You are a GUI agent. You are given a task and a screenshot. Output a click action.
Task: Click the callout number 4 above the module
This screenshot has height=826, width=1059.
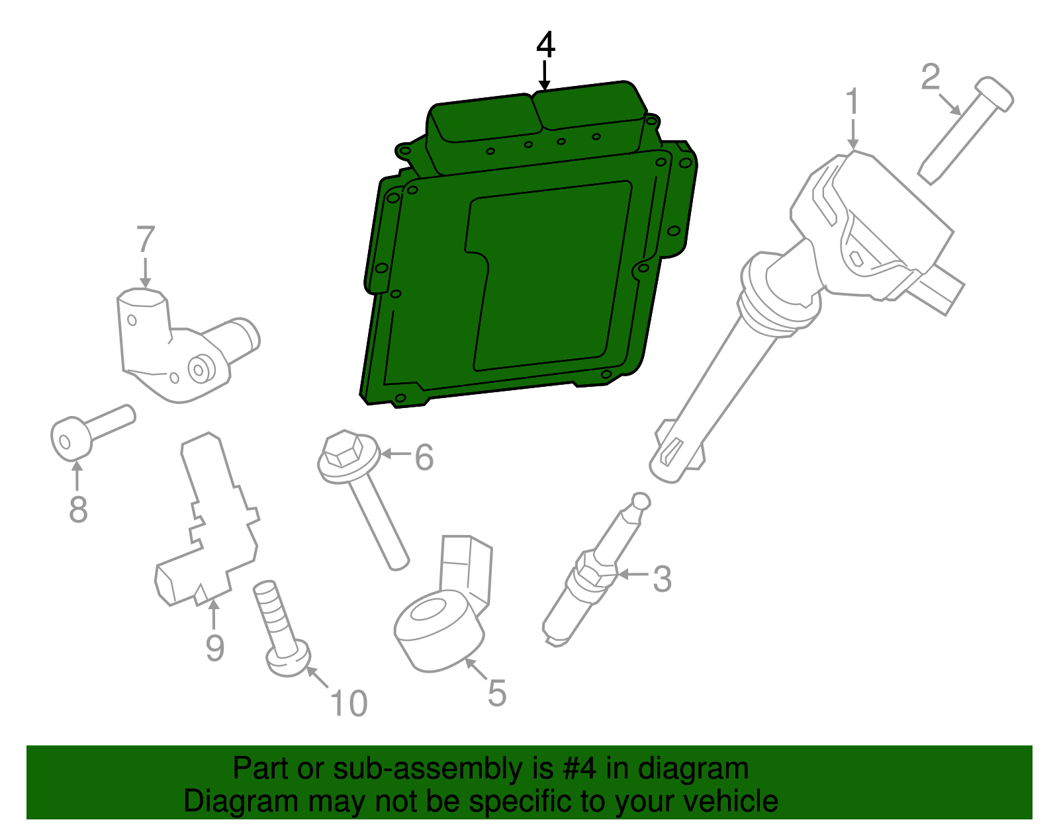pos(545,45)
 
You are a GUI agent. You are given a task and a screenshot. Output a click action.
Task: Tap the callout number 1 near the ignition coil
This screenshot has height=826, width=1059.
pos(852,103)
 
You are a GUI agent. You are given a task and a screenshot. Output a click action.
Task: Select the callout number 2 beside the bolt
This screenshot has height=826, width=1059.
pos(930,77)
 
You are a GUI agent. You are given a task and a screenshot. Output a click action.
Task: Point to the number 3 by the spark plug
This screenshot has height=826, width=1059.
pos(662,579)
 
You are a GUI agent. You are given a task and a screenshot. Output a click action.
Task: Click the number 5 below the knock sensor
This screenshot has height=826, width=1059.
pos(497,693)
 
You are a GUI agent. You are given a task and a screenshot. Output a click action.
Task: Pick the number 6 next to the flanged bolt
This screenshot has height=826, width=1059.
pos(424,457)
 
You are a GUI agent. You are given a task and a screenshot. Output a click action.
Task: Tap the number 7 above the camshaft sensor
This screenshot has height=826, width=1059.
pos(146,240)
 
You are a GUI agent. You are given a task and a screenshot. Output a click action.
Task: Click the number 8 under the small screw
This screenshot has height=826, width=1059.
pos(78,510)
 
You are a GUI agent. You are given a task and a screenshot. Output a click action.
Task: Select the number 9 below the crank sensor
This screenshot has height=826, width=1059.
pos(214,647)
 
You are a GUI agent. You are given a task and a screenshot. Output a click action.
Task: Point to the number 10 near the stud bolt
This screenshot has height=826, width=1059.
pos(349,704)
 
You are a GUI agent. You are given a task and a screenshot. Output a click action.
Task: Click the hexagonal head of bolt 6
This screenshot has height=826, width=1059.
pos(342,451)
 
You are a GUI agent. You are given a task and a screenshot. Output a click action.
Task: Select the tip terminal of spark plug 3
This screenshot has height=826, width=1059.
pos(641,501)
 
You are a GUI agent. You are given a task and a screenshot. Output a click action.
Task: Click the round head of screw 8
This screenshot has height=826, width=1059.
pos(69,439)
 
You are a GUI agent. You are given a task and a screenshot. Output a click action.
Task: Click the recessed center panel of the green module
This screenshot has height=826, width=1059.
pos(549,278)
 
